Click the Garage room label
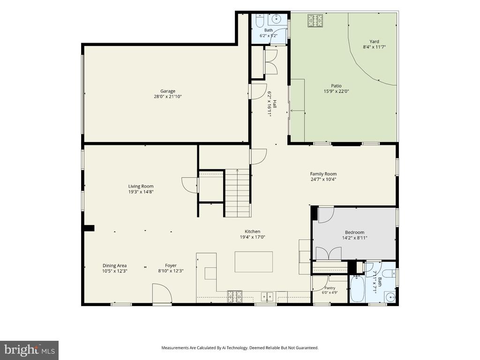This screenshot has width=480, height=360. [x=168, y=91]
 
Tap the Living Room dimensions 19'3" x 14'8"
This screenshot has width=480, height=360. [x=141, y=192]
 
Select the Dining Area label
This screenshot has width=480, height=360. [x=114, y=265]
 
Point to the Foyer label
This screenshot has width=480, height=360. [x=171, y=265]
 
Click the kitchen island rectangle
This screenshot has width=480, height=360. [x=254, y=262]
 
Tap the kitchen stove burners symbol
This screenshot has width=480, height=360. [x=234, y=296]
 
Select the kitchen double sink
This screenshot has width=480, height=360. [x=267, y=297]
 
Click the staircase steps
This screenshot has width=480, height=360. [x=238, y=193]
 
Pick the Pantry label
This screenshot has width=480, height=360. [x=330, y=288]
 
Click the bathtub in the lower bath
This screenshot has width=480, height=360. [x=357, y=288]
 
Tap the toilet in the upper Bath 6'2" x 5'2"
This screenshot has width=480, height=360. [x=259, y=20]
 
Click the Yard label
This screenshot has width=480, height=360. [x=374, y=41]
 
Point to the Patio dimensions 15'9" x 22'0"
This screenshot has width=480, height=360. [x=336, y=91]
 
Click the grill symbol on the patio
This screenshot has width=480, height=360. [x=315, y=21]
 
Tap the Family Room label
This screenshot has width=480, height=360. [x=323, y=174]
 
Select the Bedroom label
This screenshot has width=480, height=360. [x=354, y=232]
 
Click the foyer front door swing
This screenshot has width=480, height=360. [x=162, y=293]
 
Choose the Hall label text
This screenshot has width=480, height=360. [x=275, y=104]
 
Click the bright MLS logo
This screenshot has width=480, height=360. [x=30, y=350]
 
